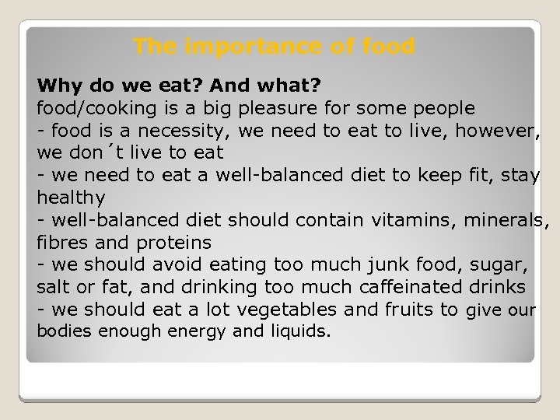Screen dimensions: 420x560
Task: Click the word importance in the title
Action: (234, 47)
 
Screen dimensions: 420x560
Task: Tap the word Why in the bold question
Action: (55, 82)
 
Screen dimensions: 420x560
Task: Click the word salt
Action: (53, 287)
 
